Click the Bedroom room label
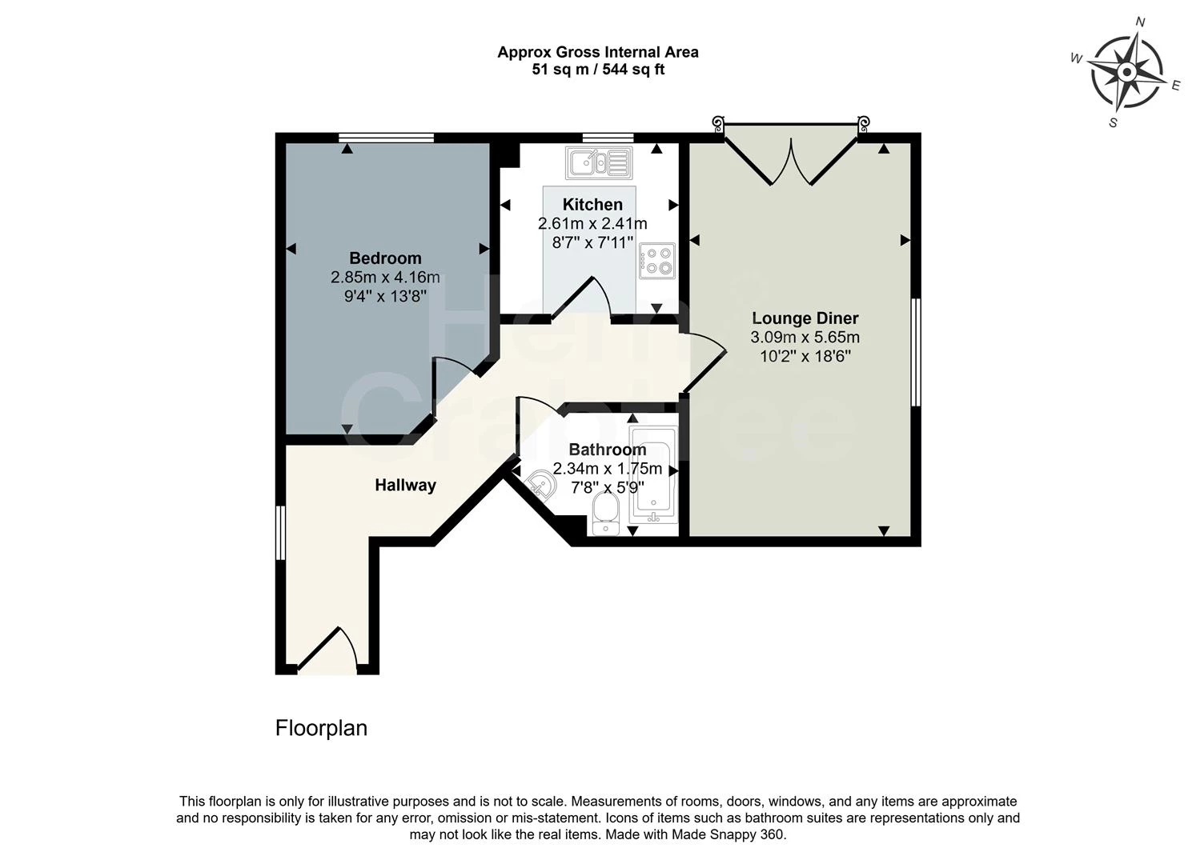point(385,258)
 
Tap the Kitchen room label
point(592,204)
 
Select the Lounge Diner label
point(805,318)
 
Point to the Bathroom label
point(607,450)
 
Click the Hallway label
point(406,485)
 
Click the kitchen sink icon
point(599,162)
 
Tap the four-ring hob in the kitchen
point(657,260)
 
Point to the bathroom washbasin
point(544,485)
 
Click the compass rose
point(1126,73)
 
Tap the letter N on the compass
point(1140,22)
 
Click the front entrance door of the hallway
point(327,650)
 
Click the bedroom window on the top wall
point(386,138)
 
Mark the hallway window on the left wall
point(280,532)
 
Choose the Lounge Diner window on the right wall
point(917,352)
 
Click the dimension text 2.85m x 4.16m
point(385,278)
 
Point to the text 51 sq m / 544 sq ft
point(598,70)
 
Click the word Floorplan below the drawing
point(321,728)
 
